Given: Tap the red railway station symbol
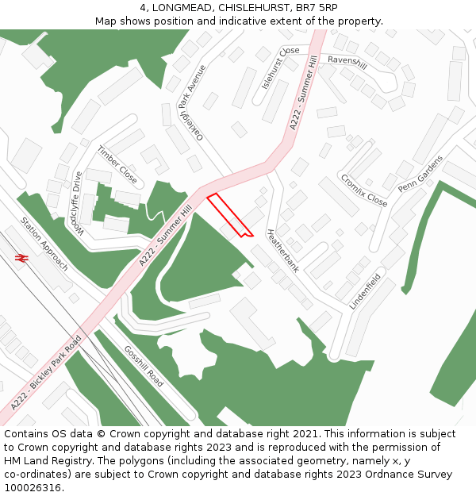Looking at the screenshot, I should pos(21,258).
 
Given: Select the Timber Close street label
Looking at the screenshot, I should pos(117,164).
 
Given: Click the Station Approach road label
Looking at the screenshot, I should pos(44,244).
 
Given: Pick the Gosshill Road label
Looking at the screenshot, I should pos(144,367).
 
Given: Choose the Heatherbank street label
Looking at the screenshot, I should pos(282,251).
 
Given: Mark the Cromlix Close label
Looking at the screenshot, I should pos(363,190).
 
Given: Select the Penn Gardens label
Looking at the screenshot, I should pos(420,175).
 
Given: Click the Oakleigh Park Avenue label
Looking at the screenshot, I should pos(191,102).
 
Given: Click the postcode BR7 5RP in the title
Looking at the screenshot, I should pos(316,7).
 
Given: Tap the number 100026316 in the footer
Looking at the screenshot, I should pos(33,488).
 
